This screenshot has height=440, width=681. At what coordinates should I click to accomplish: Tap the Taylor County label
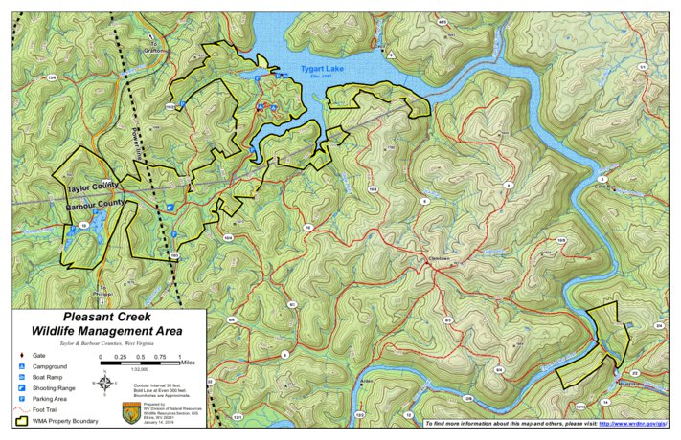tap(92, 185)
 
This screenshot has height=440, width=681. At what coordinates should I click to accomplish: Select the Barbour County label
tap(96, 204)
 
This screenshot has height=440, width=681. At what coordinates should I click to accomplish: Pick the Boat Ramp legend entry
tap(48, 378)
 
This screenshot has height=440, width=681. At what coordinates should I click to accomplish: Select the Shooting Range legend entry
tap(54, 388)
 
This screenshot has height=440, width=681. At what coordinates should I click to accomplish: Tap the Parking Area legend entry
tap(51, 399)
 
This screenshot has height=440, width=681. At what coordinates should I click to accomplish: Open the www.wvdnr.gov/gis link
tap(633, 422)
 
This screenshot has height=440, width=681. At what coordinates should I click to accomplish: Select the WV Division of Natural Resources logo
tap(132, 412)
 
